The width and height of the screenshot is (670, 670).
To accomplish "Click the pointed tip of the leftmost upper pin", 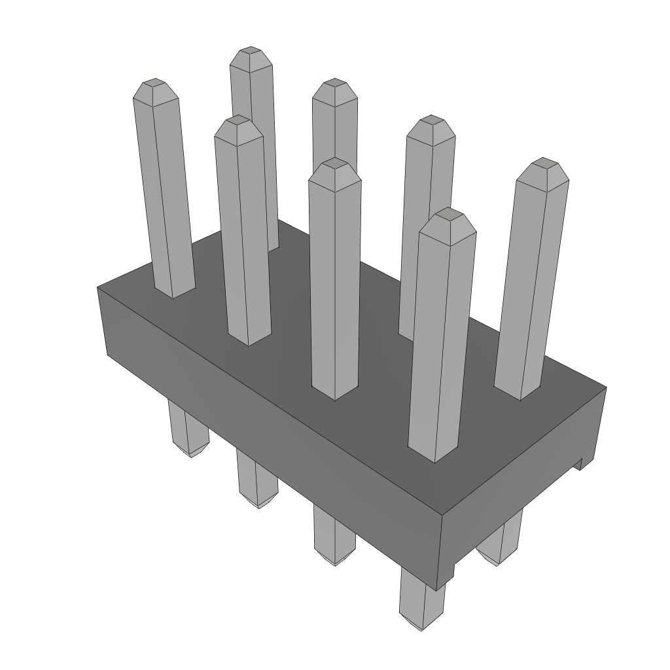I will click(x=154, y=83).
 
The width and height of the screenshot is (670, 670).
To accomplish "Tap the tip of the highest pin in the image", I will click(x=250, y=51).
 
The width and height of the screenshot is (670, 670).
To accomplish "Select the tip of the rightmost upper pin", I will click(x=544, y=162).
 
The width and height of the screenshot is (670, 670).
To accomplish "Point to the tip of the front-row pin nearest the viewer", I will click(x=448, y=212).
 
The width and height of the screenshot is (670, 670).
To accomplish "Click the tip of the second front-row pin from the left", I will click(x=238, y=120).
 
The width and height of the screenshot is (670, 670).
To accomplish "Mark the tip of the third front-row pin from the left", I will click(x=335, y=162).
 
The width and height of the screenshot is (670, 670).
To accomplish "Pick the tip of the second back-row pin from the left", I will click(x=334, y=82).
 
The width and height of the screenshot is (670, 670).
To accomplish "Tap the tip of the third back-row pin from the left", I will click(x=431, y=119).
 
